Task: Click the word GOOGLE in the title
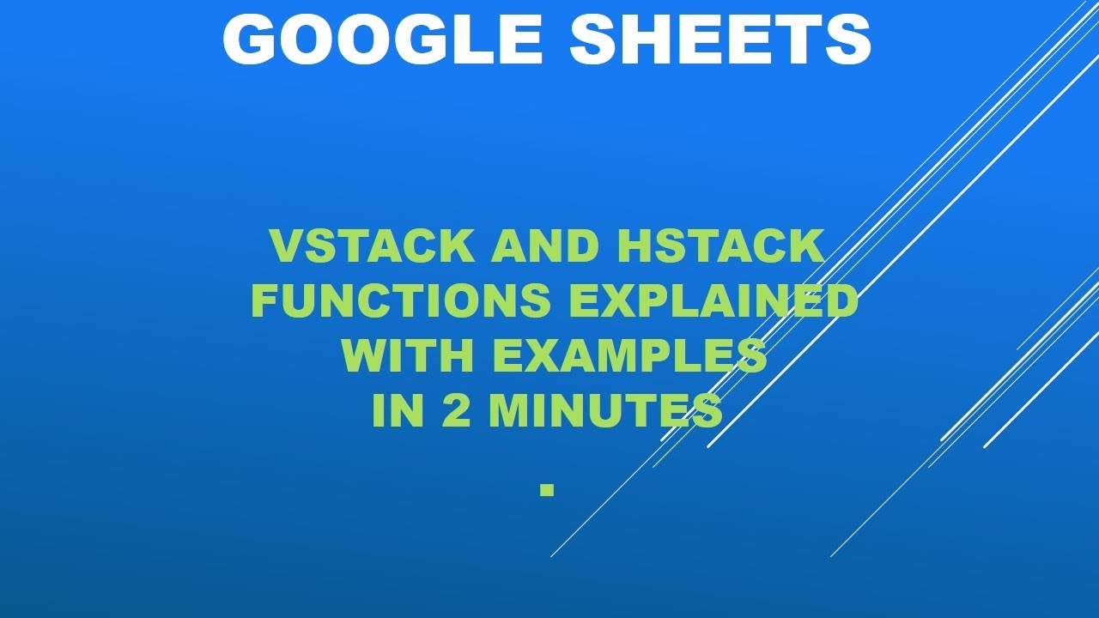pos(382,39)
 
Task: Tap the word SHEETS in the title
pos(720,39)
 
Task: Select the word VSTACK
pos(372,246)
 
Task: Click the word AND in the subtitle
pos(545,246)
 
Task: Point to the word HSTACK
pos(720,246)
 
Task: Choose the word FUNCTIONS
pos(401,300)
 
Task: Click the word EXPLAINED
pos(713,300)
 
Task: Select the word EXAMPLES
pos(630,355)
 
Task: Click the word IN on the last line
pos(398,410)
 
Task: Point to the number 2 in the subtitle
pos(456,410)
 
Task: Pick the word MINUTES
pos(606,410)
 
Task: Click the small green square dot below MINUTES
pos(547,490)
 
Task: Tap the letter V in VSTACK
pos(288,246)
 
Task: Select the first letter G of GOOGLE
pos(248,39)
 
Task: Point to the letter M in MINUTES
pos(509,410)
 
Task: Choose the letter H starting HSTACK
pos(634,246)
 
